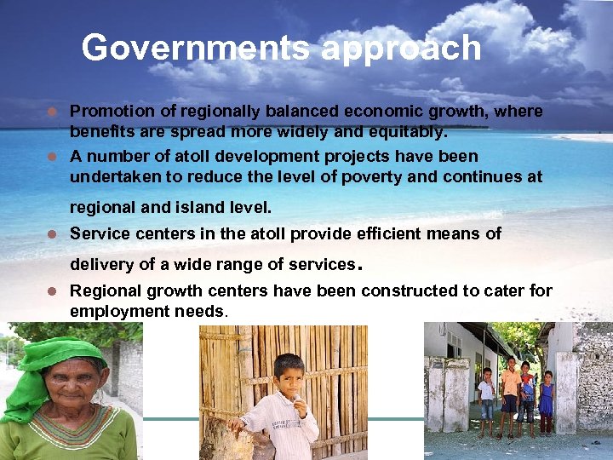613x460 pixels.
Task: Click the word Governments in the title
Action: tap(196, 48)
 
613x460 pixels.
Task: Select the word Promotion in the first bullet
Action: tap(112, 112)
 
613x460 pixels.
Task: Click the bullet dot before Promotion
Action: tap(53, 112)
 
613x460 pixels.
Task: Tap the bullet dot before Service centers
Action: tap(53, 233)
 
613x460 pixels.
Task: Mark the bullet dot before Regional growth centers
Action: tap(53, 291)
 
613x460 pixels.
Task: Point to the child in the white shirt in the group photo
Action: tap(486, 394)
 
